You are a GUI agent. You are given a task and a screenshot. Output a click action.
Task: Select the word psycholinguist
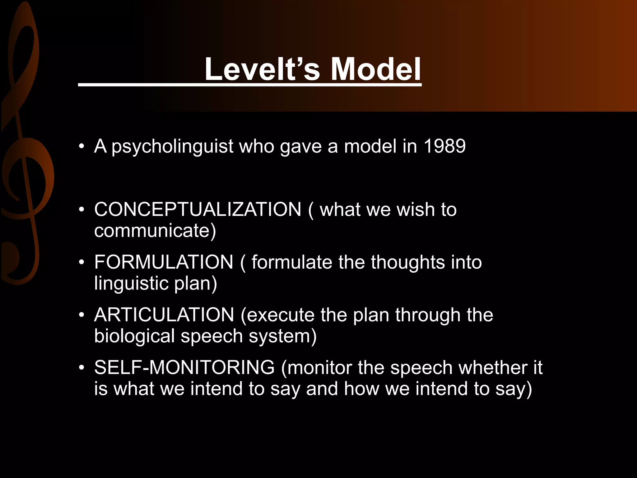coord(172,146)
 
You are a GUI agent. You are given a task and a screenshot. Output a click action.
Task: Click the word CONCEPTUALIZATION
coord(198,209)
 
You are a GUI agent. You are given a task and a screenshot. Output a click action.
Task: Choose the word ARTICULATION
coord(164,315)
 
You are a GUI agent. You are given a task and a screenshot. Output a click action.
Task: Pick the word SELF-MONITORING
coord(184,368)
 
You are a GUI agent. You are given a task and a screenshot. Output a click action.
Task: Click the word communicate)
coord(155,231)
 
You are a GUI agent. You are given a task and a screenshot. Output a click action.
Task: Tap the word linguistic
coord(131,284)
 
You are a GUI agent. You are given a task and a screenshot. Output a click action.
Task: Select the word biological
coord(134,336)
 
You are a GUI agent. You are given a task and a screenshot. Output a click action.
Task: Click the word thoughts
coord(408,262)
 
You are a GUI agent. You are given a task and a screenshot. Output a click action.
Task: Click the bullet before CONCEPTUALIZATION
coord(82,209)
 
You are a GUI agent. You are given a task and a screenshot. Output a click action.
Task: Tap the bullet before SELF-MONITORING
coord(82,368)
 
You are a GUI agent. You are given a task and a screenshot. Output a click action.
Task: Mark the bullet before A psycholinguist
coord(82,146)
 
